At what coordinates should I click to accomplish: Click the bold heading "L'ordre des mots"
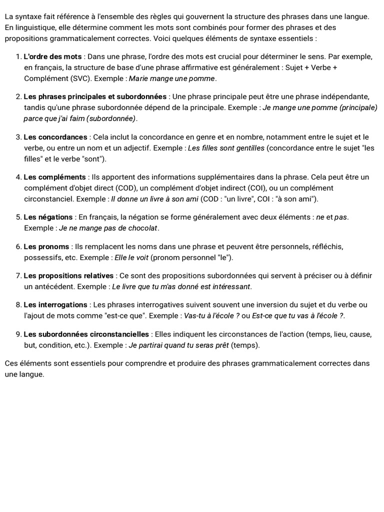pyautogui.click(x=52, y=56)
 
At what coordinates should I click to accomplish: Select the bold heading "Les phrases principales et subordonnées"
pyautogui.click(x=95, y=96)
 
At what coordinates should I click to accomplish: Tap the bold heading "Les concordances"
pyautogui.click(x=55, y=137)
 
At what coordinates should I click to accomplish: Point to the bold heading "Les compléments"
pyautogui.click(x=55, y=177)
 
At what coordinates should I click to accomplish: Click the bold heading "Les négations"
pyautogui.click(x=48, y=217)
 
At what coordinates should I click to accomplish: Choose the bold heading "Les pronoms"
pyautogui.click(x=46, y=246)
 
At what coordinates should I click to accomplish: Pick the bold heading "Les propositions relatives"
pyautogui.click(x=69, y=276)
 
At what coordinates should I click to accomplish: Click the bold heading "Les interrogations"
pyautogui.click(x=55, y=305)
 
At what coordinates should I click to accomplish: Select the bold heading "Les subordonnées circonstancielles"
pyautogui.click(x=86, y=334)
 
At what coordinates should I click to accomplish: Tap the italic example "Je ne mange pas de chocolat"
pyautogui.click(x=108, y=228)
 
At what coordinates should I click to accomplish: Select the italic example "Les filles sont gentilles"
pyautogui.click(x=227, y=148)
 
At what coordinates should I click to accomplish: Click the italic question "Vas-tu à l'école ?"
pyautogui.click(x=211, y=316)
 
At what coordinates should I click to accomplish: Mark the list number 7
pyautogui.click(x=18, y=276)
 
